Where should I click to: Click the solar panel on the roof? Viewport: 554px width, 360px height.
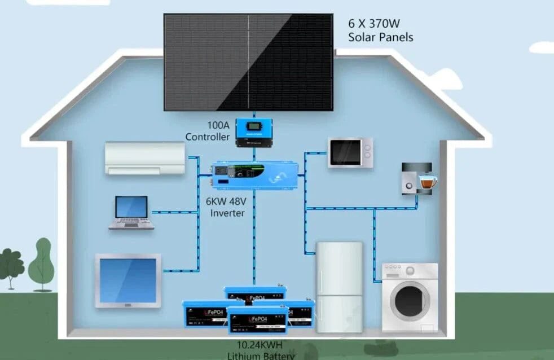pyautogui.click(x=248, y=62)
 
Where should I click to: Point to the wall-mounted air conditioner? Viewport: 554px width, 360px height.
pyautogui.click(x=145, y=157)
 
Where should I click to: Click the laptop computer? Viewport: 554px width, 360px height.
pyautogui.click(x=131, y=213)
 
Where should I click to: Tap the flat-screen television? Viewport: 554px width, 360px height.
pyautogui.click(x=128, y=280)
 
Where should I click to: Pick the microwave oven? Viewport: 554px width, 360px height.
pyautogui.click(x=351, y=152)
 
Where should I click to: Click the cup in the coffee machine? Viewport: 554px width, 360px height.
pyautogui.click(x=428, y=182)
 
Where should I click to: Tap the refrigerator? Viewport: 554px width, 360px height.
pyautogui.click(x=338, y=287)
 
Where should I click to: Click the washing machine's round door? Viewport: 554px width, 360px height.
pyautogui.click(x=409, y=298)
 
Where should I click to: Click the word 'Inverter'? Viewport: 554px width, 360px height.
pyautogui.click(x=227, y=213)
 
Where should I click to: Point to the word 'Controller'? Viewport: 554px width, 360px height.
pyautogui.click(x=208, y=137)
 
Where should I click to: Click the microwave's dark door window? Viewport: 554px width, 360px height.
pyautogui.click(x=345, y=152)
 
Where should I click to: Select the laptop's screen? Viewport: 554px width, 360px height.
pyautogui.click(x=131, y=207)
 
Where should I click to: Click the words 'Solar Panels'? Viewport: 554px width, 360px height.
pyautogui.click(x=381, y=37)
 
